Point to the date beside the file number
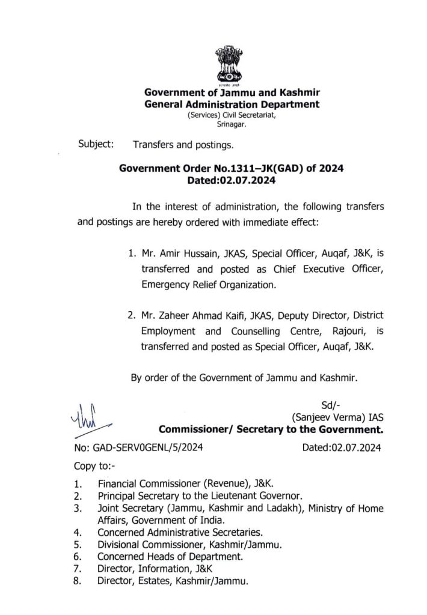coord(342,447)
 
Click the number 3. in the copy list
coord(78,508)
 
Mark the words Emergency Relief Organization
coord(208,285)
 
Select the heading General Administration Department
coord(232,104)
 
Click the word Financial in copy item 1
coord(119,483)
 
